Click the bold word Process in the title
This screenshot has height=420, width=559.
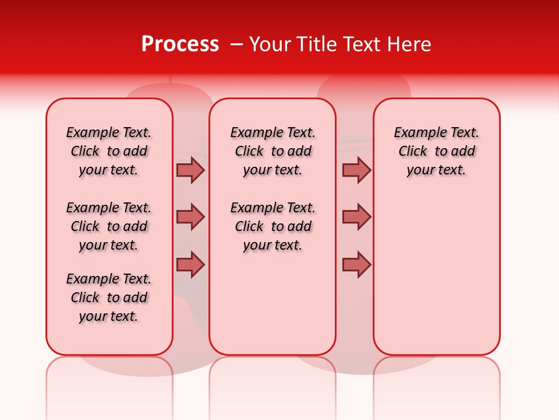point(180,44)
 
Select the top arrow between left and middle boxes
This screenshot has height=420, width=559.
point(190,170)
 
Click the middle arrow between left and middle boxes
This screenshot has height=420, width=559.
point(190,217)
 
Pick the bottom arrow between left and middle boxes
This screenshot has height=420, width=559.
point(190,264)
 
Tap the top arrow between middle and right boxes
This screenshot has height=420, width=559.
point(356,170)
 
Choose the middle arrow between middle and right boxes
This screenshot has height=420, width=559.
point(356,217)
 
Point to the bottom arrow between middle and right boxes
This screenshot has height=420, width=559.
point(356,264)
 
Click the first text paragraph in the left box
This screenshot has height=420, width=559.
point(109,151)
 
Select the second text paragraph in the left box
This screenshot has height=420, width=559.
point(109,226)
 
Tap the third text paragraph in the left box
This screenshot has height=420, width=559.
point(109,297)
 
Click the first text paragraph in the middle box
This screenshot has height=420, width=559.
point(273,151)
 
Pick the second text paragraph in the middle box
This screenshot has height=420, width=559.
point(273,226)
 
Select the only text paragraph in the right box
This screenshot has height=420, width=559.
point(436,151)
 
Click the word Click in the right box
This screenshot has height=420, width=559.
point(413,152)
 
